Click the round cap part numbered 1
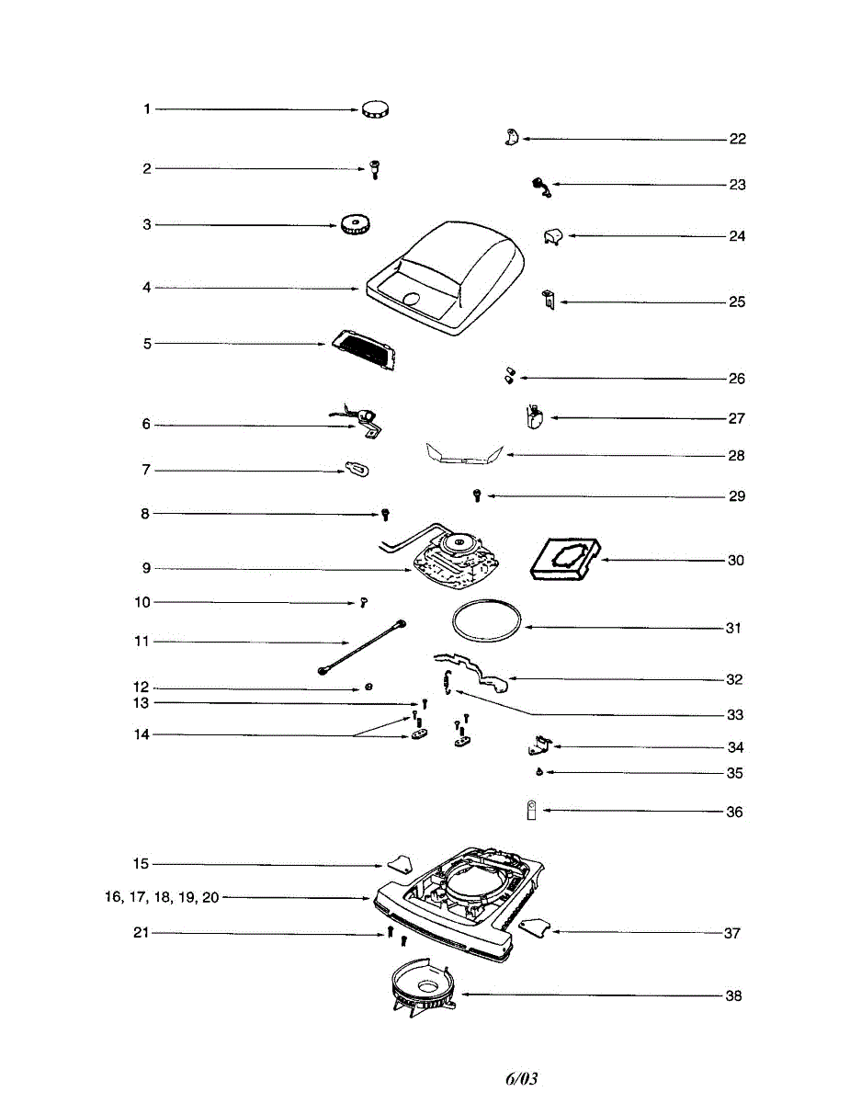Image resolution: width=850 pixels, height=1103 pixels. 376,109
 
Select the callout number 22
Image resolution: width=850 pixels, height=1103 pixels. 737,140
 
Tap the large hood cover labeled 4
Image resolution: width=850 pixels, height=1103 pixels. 450,280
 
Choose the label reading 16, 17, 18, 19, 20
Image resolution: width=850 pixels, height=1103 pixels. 162,897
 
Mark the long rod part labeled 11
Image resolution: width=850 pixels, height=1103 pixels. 361,648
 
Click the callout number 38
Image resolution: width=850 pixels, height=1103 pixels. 733,995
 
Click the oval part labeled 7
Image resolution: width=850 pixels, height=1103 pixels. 357,468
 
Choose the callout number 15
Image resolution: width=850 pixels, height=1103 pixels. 141,864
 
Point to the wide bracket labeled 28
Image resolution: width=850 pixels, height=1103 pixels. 465,454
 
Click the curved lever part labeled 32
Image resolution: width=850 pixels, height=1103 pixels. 472,669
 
